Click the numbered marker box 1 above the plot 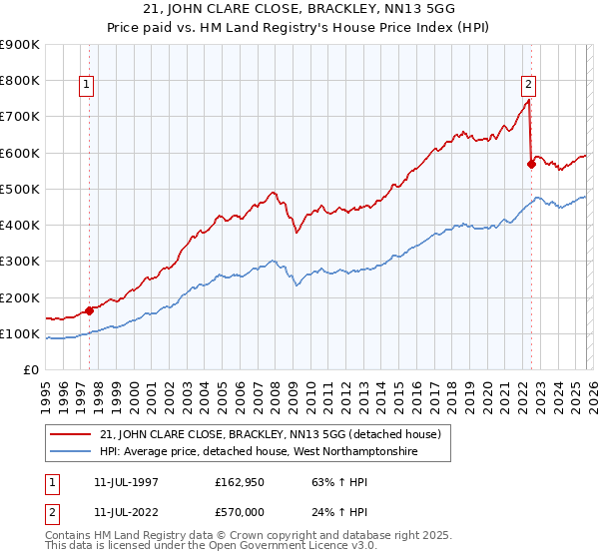click(x=88, y=86)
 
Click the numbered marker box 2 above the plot click(x=528, y=86)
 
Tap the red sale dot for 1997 click(x=89, y=310)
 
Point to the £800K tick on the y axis click(x=20, y=80)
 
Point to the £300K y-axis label click(x=20, y=262)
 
